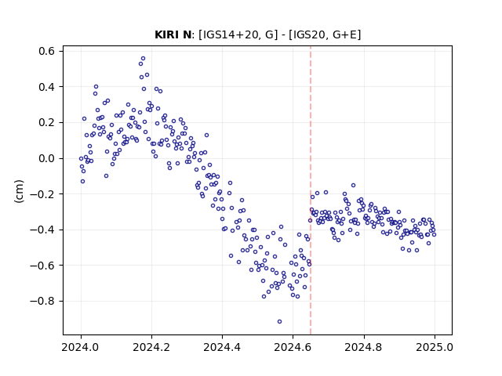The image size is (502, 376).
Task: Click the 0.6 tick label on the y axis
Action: pos(47,51)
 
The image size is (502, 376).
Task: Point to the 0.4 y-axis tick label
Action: pos(47,87)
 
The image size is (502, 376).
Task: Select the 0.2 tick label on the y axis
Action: pos(47,123)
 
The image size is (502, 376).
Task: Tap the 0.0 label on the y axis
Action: pos(47,158)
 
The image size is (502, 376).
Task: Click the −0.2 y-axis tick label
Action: pos(42,194)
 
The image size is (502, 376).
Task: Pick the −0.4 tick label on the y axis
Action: pos(42,230)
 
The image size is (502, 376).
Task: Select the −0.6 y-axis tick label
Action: pos(42,266)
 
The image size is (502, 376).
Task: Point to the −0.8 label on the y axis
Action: pos(42,301)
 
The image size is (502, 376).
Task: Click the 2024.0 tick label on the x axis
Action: pos(81,347)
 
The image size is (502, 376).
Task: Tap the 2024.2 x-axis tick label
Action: pos(151,347)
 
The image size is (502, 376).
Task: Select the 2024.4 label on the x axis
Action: pos(222,347)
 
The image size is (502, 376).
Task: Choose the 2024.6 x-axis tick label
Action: pos(293,347)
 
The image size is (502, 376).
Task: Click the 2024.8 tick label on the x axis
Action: pos(364,347)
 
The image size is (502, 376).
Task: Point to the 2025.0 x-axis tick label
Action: pos(435,347)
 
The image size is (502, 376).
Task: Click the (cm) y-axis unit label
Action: pos(19,191)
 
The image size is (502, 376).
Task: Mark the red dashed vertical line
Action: pos(311,190)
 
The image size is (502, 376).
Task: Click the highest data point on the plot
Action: pos(143,59)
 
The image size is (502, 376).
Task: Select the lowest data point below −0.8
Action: pos(279,322)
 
